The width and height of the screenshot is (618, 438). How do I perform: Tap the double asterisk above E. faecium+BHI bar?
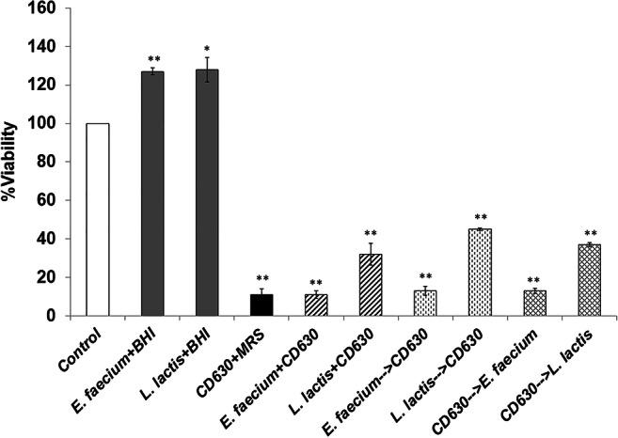pos(152,59)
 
